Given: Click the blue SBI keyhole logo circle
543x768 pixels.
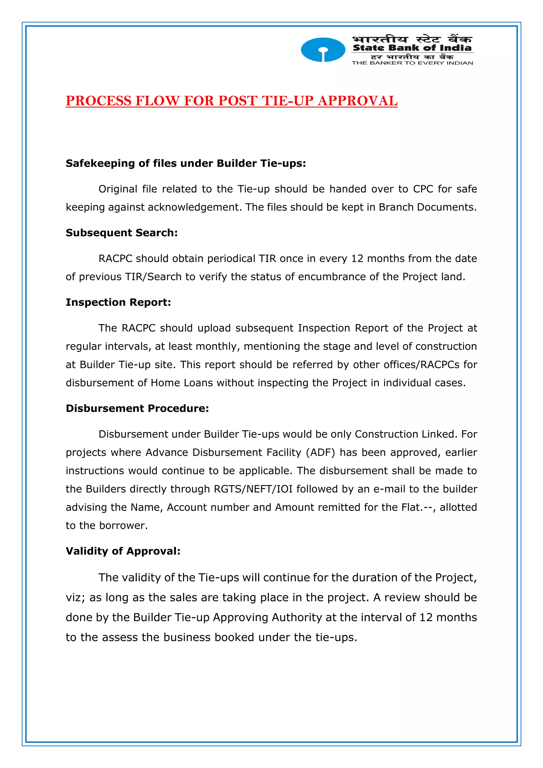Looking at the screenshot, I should tap(323, 50).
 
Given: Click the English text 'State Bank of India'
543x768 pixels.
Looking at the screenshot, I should tap(412, 48).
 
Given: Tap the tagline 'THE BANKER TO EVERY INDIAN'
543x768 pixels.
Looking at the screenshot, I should tap(412, 63).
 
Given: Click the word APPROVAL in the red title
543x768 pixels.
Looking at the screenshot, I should tap(357, 101).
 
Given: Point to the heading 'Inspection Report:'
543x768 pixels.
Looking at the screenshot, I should tap(118, 302).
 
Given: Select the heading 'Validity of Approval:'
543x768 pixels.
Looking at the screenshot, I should tap(123, 551).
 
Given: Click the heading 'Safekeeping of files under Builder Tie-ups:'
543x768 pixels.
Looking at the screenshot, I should tap(186, 163).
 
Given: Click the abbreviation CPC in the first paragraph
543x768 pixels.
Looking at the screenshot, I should tap(423, 189).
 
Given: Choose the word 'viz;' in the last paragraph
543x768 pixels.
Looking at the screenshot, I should tap(75, 597).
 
